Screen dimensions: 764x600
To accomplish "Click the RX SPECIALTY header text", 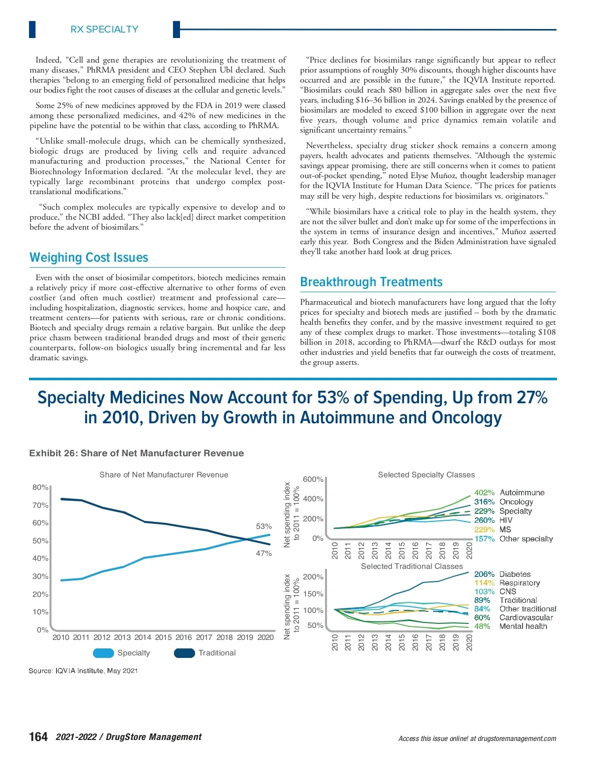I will (104, 30).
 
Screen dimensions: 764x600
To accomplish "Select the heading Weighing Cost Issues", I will (89, 258).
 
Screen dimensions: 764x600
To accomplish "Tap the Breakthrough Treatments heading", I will (371, 282).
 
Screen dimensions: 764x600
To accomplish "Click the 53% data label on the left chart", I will (264, 526).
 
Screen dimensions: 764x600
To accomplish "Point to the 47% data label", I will (264, 553).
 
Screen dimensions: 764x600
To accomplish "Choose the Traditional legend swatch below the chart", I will (184, 653).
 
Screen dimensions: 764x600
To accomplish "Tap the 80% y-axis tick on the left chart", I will (40, 487).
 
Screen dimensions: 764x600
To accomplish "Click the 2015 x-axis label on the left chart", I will (163, 637).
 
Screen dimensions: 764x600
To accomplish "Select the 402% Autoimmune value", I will (484, 493).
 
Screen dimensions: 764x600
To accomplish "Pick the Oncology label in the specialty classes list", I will (516, 502).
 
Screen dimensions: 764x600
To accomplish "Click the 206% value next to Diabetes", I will (484, 574).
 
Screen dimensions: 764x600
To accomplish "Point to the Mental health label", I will (523, 626).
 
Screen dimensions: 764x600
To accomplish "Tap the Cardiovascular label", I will (526, 617).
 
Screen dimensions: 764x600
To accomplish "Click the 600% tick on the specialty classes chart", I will (313, 479).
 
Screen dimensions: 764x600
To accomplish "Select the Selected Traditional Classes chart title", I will (412, 566).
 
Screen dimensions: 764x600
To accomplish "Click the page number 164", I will (38, 737).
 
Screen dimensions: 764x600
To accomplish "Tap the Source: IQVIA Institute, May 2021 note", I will (83, 670).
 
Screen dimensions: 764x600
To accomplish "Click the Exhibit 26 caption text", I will (136, 453).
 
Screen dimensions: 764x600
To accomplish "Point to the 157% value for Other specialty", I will (484, 539).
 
